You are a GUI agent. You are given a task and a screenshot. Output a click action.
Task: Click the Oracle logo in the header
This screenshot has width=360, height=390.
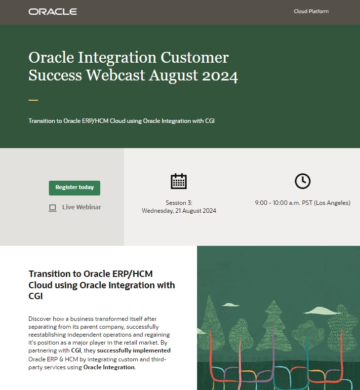tap(53, 11)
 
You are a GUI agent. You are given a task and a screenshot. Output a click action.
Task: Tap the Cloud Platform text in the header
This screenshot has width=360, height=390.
tap(311, 11)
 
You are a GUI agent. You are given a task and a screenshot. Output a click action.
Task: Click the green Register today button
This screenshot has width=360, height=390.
tap(75, 188)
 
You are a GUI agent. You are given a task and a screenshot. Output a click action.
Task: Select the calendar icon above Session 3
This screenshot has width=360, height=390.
tap(179, 182)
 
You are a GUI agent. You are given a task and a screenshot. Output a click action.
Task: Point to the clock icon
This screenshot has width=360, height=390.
tap(302, 181)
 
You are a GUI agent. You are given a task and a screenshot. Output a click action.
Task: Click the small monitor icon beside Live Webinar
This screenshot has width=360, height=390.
tap(52, 208)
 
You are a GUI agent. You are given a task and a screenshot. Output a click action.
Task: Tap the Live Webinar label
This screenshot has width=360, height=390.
tap(81, 207)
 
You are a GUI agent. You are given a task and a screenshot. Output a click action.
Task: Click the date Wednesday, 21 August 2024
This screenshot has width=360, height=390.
tap(179, 211)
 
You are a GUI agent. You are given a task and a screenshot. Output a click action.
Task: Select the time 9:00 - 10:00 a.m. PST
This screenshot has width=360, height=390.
tap(302, 203)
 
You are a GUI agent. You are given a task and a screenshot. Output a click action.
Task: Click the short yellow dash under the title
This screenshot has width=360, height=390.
tap(33, 100)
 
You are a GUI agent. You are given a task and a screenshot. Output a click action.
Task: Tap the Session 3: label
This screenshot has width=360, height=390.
tap(179, 203)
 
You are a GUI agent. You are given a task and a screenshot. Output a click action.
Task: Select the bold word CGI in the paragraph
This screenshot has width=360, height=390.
tap(76, 351)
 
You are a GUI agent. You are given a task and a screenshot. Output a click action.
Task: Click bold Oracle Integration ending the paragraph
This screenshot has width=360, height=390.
tap(109, 367)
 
